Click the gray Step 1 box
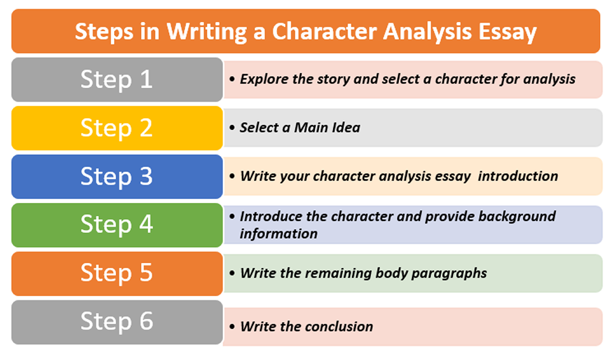coord(117,79)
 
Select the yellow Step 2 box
coord(117,128)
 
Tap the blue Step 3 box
coord(117,177)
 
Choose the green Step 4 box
coord(117,225)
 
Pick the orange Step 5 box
coord(117,273)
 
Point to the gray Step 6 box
coord(117,322)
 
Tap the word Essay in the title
coord(507,31)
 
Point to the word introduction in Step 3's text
coord(518,176)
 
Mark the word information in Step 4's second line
coord(278,233)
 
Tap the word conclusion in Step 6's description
coord(340,326)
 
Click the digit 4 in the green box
coord(145,225)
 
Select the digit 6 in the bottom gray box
coord(145,322)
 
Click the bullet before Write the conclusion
coord(232,326)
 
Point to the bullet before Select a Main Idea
coord(232,127)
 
